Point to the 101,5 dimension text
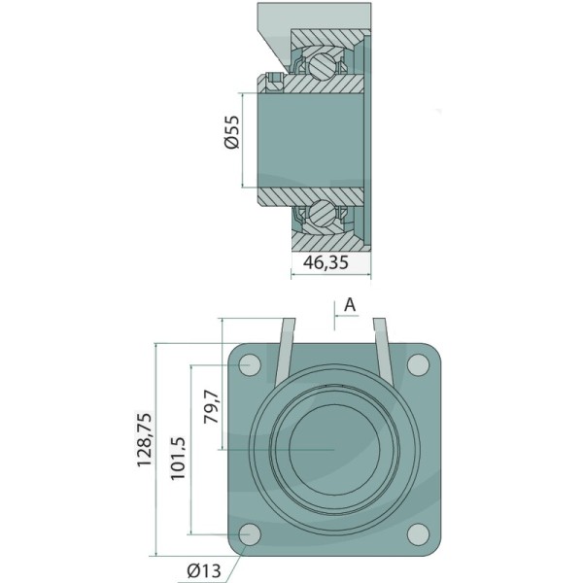(178, 450)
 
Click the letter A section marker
(350, 304)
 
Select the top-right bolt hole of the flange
(418, 365)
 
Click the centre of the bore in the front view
(332, 450)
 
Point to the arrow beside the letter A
(339, 320)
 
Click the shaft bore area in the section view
(311, 138)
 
